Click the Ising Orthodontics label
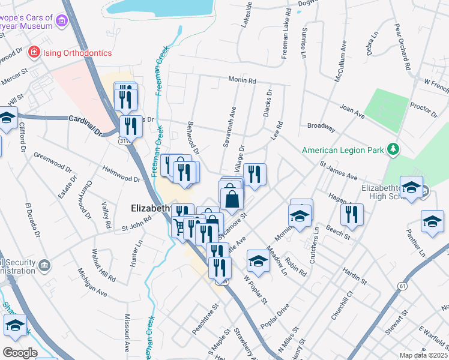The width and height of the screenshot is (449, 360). tap(77, 53)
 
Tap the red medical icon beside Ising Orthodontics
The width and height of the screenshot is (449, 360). tap(34, 53)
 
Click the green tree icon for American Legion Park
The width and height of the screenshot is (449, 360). tap(393, 148)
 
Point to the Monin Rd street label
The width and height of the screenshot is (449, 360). tap(242, 80)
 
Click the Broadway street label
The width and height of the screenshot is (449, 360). tap(321, 127)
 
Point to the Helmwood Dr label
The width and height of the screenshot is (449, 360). tap(121, 174)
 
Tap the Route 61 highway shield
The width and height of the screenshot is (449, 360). tap(401, 287)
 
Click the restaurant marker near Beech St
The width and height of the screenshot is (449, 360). tap(352, 214)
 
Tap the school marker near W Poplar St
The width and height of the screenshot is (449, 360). tap(258, 260)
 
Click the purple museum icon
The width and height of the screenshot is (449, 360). tap(61, 22)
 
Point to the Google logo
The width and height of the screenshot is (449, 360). tap(20, 353)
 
